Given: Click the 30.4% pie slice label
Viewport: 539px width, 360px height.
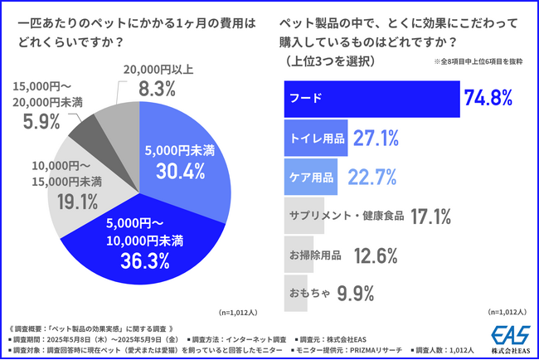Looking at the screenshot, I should click(177, 171).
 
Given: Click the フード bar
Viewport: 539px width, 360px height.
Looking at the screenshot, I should click(371, 100).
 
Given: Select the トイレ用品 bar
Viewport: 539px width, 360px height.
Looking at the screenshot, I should click(315, 139).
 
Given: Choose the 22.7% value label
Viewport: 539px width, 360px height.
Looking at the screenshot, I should click(372, 178).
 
